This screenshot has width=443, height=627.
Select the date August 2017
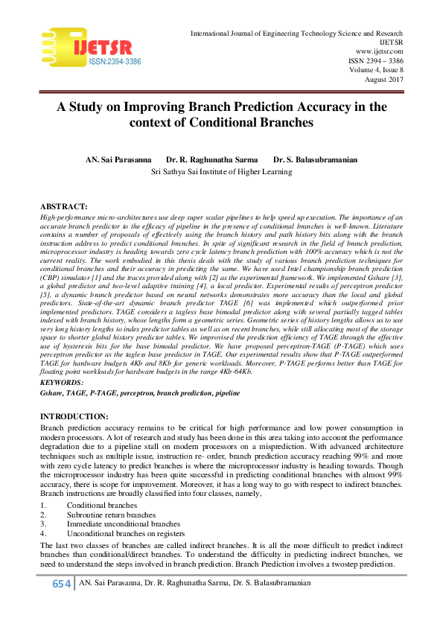point(383,79)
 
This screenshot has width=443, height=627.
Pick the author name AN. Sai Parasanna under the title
point(118,159)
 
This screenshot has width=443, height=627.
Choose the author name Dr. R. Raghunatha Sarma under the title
point(211,159)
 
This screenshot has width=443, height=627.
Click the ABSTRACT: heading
point(63,206)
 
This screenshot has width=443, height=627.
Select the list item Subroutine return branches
point(111,515)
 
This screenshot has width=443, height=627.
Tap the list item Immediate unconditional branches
point(123,523)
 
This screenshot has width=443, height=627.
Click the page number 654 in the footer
point(61,584)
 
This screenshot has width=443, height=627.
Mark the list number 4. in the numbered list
point(43,533)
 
